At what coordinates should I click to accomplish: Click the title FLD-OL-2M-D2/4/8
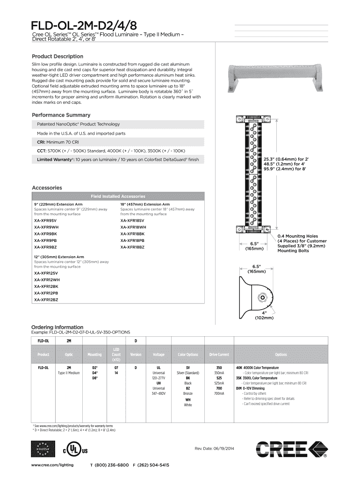pos(85,24)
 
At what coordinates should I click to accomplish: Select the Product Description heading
pos(57,56)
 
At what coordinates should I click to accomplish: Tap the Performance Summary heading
pos(61,115)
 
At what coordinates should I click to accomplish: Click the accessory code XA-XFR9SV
pos(45,220)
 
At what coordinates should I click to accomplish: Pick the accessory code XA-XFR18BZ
pos(132,247)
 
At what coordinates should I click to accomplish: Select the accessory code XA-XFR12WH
pos(47,280)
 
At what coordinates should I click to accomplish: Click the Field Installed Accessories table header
pos(118,196)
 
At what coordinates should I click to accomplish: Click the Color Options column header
pos(187,355)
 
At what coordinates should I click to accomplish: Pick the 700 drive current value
pos(218,389)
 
